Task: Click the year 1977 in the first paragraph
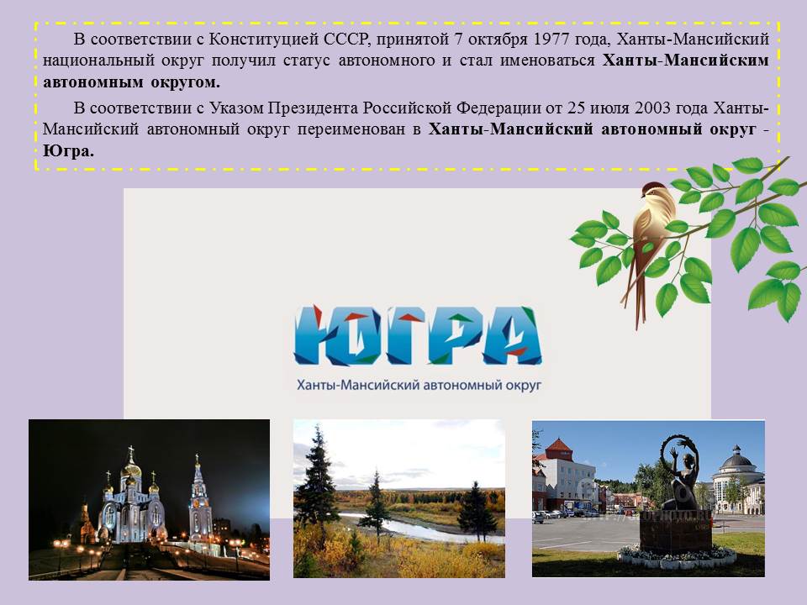(551, 39)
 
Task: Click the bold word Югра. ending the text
(68, 150)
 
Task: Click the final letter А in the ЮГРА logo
(512, 335)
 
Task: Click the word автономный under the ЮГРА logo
(459, 385)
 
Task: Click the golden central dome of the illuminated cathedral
(131, 468)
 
